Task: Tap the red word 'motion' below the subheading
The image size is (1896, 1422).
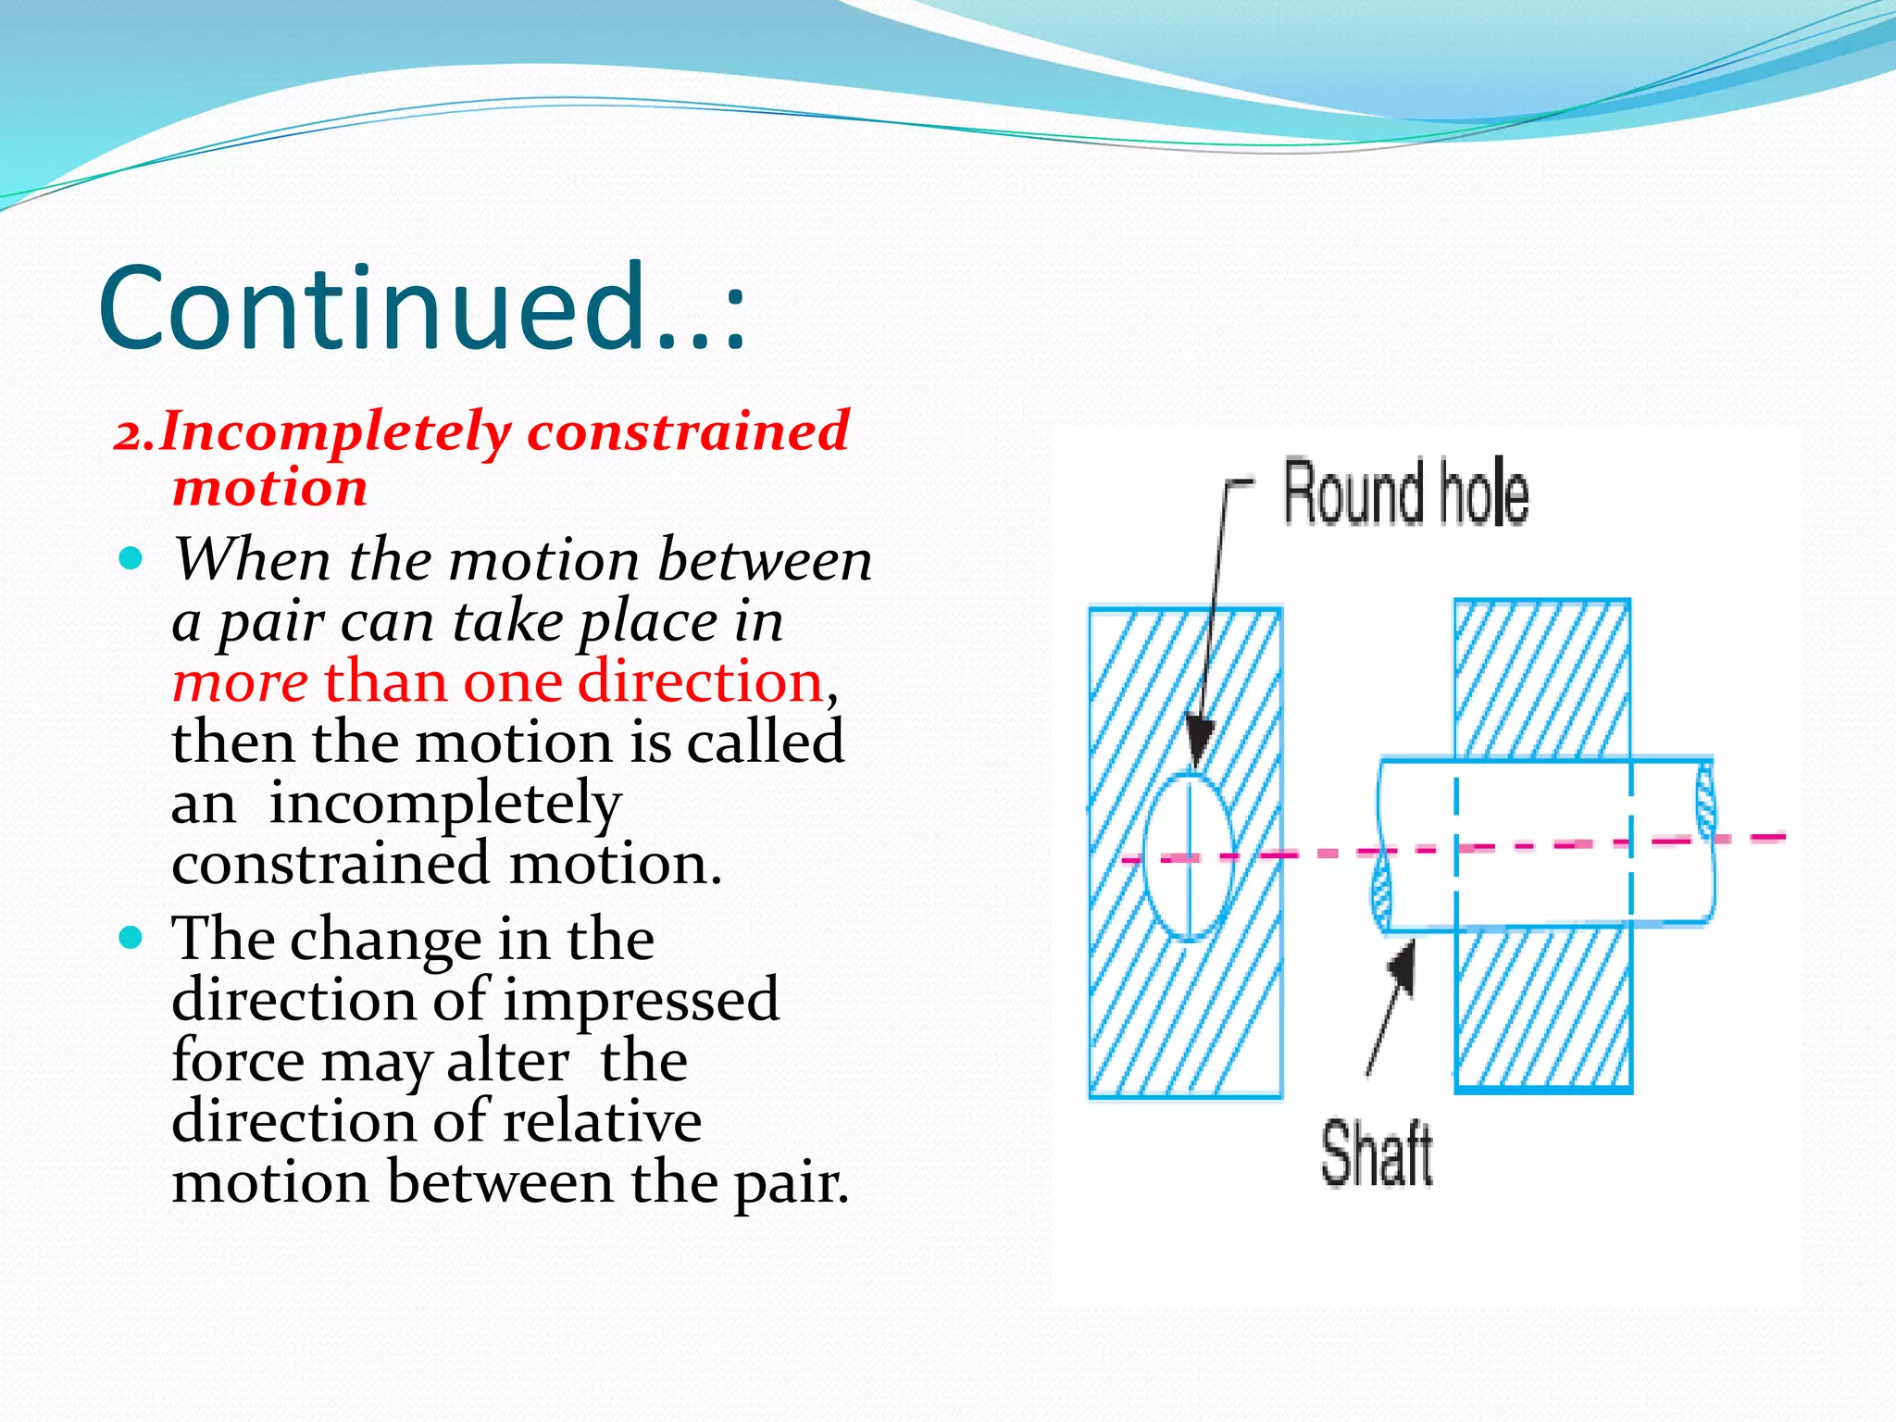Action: point(270,488)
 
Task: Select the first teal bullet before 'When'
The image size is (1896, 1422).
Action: point(131,558)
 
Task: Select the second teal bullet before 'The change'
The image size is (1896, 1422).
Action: point(131,938)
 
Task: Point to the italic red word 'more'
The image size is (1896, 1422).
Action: point(240,682)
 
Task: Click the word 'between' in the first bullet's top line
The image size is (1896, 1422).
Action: point(765,560)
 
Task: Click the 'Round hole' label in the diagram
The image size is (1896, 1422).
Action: point(1405,493)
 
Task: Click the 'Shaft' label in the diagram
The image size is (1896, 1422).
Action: point(1377,1154)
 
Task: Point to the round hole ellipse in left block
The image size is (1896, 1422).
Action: point(1190,856)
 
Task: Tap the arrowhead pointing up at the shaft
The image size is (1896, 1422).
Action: point(1403,967)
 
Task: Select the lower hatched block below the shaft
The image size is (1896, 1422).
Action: point(1541,1009)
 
